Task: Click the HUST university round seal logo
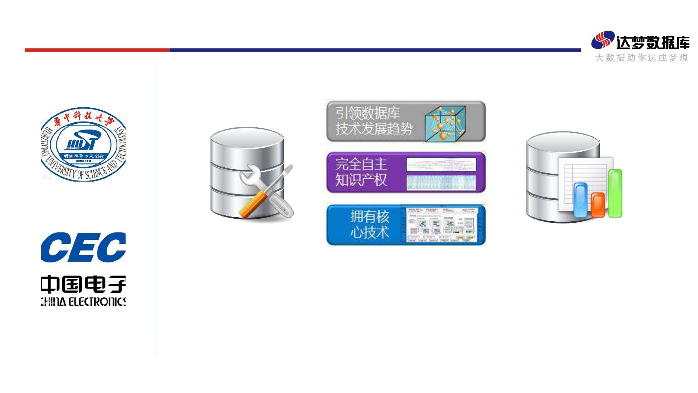point(84,143)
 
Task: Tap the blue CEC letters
point(83,247)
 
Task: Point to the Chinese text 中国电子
point(83,285)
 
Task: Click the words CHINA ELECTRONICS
point(83,302)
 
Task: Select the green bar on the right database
point(615,193)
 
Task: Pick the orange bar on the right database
point(598,205)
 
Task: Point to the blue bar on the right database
point(581,200)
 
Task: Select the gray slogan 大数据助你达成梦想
point(642,58)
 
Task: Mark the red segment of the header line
point(97,50)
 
